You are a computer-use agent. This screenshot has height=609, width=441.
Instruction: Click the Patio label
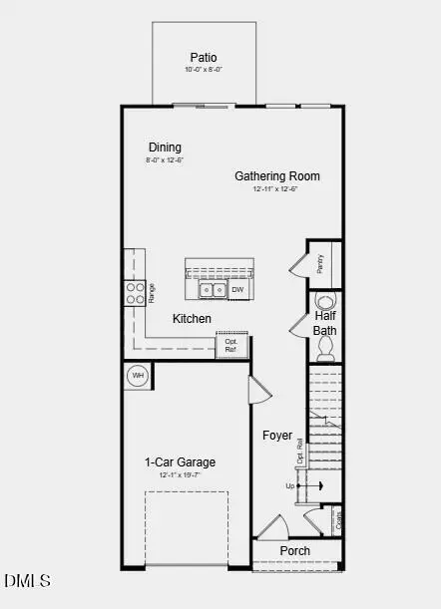204,58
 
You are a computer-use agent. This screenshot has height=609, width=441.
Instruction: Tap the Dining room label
166,148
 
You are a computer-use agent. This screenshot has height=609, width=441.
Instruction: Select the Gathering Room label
277,176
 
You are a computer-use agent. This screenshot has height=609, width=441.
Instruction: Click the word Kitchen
192,319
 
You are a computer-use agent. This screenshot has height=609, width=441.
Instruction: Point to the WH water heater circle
138,376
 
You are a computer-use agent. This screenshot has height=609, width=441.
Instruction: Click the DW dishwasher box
237,290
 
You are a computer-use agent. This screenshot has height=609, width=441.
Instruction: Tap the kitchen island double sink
212,291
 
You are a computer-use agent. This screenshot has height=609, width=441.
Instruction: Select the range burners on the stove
134,292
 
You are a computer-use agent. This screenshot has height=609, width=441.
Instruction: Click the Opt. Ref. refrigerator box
230,345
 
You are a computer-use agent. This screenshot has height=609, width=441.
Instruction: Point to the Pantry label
320,262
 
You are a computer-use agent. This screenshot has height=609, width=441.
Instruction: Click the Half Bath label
325,323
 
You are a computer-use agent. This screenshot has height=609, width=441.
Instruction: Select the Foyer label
277,436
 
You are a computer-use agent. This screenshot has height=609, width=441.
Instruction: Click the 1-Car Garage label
180,462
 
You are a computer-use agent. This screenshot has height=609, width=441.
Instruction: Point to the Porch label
294,551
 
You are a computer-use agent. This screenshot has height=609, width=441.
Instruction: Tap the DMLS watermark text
27,580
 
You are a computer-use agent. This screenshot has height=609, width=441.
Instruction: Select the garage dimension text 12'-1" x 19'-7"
180,475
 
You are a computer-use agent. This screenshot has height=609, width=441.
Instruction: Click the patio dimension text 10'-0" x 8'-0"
204,70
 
